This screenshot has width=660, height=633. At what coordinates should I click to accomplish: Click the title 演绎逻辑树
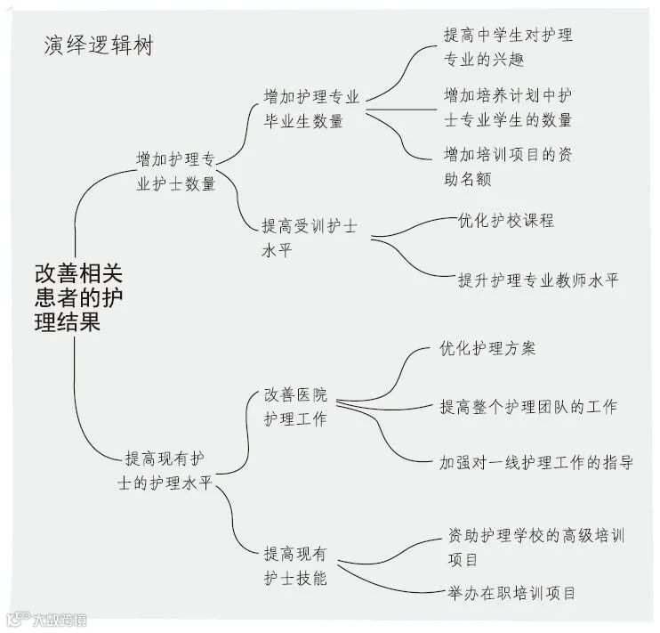point(98,45)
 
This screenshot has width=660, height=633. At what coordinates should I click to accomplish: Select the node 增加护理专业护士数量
point(176,172)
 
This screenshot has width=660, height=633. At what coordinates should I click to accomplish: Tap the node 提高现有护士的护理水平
point(168,471)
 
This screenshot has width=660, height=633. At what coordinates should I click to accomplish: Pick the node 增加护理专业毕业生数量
point(310,108)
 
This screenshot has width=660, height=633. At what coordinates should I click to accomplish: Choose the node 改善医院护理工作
point(294,406)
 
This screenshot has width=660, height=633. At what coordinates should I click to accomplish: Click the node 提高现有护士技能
point(295,565)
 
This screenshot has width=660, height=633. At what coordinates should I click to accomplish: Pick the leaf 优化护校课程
point(505,220)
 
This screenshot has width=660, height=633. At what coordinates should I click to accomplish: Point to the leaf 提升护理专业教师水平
point(537,280)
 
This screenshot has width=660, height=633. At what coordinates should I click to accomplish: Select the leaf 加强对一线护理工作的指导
point(536,462)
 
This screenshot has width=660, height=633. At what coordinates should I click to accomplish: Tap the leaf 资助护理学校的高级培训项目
point(535,547)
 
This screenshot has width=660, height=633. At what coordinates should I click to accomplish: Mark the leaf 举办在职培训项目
point(512,592)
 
